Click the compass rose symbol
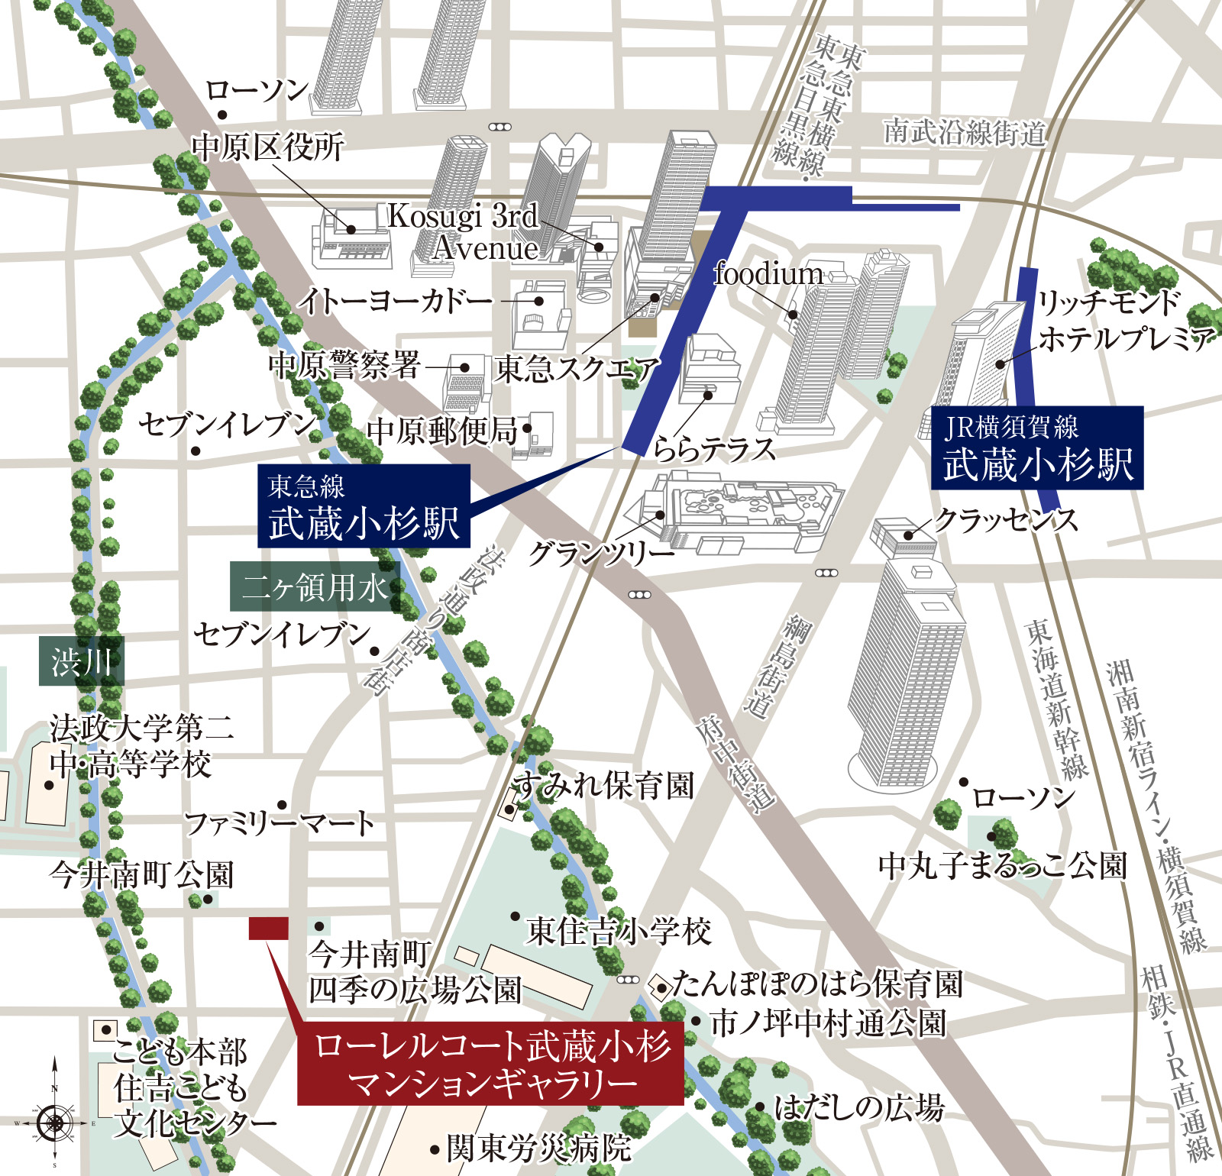(54, 1123)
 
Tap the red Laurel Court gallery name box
(490, 1063)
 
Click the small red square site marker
(268, 929)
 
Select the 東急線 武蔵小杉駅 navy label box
(364, 506)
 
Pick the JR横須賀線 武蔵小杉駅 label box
(1036, 447)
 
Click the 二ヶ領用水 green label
(315, 587)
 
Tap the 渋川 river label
(81, 661)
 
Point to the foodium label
(768, 274)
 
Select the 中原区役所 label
(267, 147)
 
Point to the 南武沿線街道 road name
(964, 133)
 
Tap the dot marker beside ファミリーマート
(282, 805)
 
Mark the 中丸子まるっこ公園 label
(1002, 866)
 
